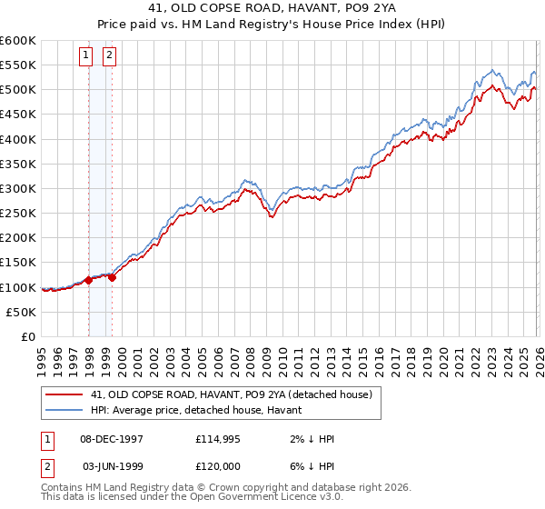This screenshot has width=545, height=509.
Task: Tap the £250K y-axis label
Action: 18,214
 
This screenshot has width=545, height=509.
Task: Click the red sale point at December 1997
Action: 89,281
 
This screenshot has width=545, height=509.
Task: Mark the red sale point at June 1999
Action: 113,278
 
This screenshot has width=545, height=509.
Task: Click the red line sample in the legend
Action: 64,394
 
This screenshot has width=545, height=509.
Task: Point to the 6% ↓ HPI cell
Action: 310,466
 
